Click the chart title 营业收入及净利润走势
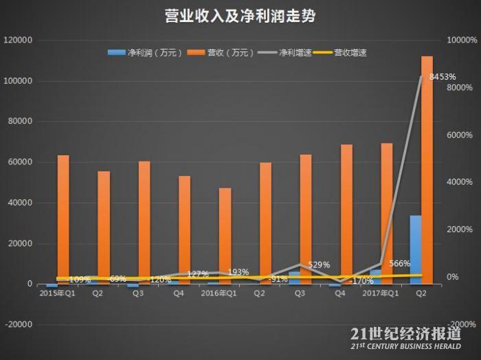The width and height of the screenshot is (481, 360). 240,16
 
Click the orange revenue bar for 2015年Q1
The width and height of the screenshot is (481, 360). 63,219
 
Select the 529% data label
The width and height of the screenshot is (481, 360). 319,265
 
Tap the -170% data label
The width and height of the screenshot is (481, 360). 361,280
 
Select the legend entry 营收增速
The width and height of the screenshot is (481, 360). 350,52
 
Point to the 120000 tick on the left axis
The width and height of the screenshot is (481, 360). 19,41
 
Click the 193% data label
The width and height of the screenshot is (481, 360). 238,272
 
